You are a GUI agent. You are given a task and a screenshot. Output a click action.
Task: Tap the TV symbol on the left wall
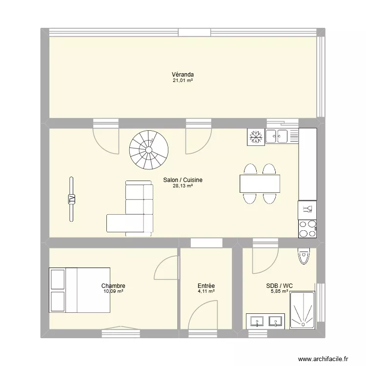pos(71,199)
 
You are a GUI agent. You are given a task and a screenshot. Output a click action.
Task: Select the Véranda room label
pos(183,75)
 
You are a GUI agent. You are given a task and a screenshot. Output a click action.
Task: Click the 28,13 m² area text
pos(183,186)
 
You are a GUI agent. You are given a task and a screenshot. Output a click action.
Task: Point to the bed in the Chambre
pos(80,290)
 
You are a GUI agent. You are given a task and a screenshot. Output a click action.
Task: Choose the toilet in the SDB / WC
pos(305,256)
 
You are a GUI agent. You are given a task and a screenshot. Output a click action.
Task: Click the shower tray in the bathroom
pos(303,310)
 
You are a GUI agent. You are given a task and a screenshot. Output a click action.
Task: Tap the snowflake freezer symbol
pos(256,136)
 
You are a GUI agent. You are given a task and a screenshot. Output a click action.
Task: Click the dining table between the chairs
pos(261,183)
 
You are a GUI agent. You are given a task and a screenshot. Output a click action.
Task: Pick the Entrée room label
pos(206,286)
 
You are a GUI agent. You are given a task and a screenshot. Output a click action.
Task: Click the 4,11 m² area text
pos(206,292)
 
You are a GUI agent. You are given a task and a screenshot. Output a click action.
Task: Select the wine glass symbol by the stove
pos(307,210)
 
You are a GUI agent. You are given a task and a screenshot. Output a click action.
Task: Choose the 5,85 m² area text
pos(279,292)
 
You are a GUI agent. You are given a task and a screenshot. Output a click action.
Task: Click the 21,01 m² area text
pos(183,81)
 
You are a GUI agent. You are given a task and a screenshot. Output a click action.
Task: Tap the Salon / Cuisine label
pos(183,180)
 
